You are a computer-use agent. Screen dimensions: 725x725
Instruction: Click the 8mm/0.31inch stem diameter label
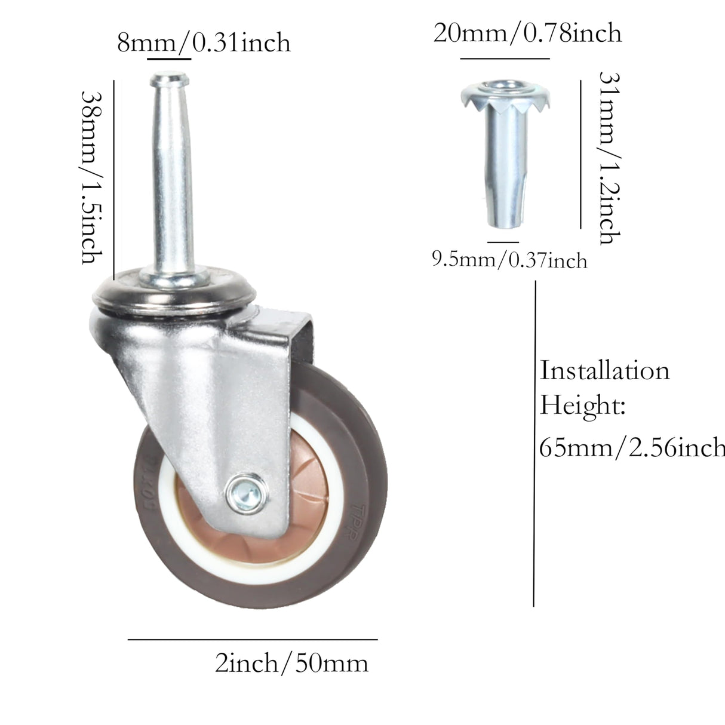203,43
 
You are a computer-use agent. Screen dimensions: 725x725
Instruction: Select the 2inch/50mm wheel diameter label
291,663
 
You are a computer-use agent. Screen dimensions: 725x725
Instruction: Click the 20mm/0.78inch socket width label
527,33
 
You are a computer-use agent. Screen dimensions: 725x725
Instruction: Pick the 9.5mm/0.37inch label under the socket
509,260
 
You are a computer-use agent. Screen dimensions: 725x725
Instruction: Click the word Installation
604,371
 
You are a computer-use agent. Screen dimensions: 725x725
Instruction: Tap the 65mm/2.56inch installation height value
632,447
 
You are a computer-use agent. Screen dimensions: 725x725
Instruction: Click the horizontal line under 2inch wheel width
253,640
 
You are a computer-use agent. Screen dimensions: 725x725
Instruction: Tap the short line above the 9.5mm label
502,242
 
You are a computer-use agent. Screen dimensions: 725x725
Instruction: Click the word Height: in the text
582,407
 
